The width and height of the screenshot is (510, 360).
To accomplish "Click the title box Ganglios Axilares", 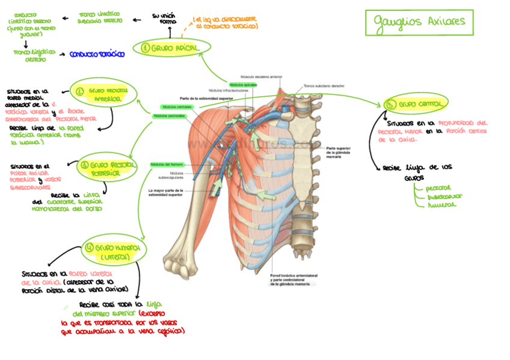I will pos(419,23).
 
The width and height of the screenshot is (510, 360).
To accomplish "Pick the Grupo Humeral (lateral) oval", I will pos(114,252).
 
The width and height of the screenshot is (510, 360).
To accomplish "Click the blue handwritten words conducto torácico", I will pos(96,55).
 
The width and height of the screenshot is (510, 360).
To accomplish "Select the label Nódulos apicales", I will pos(243,85).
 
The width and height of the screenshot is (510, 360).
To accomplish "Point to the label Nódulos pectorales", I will pos(169,115).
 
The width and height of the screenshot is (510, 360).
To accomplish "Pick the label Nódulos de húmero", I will pos(167,164).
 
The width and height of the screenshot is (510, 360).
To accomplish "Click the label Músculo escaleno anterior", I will pos(261,77).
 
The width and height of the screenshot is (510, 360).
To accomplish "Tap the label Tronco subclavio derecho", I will pos(324,86).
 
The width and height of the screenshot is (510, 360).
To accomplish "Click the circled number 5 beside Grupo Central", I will pos(391,105).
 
